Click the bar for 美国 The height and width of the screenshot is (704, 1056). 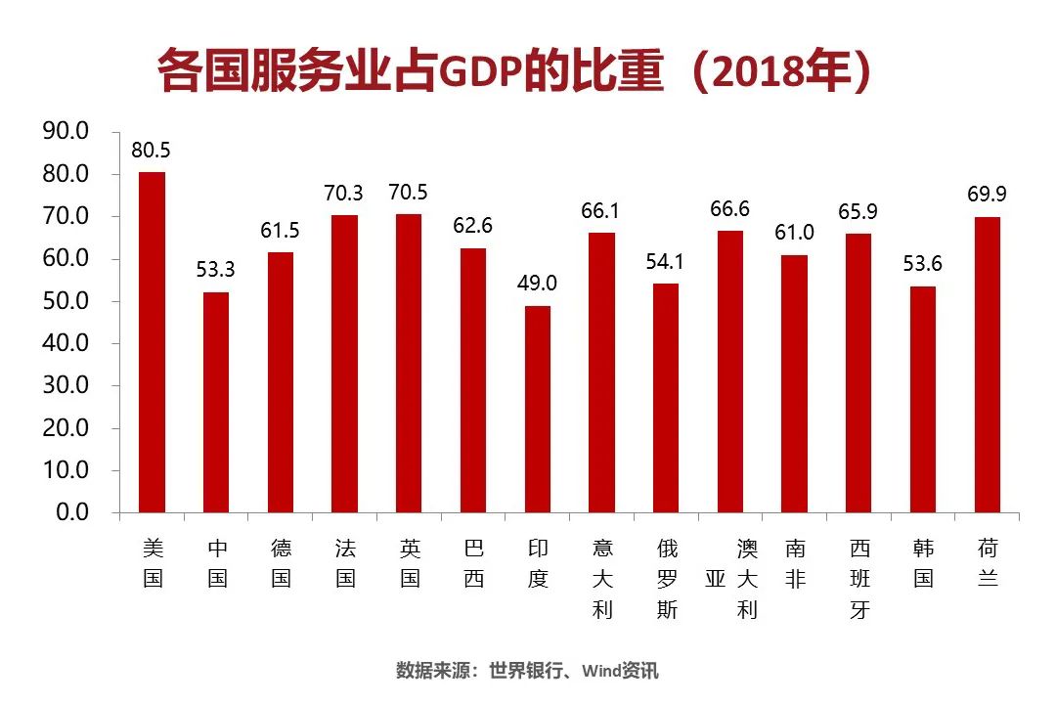click(x=152, y=342)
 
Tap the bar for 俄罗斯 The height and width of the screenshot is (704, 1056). click(x=666, y=398)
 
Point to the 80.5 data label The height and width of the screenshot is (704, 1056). click(x=152, y=152)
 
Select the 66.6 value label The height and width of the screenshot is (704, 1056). click(x=730, y=210)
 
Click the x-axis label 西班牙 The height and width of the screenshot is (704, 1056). click(x=859, y=579)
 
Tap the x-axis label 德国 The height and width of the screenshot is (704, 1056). click(x=281, y=563)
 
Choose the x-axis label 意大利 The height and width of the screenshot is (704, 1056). click(x=602, y=579)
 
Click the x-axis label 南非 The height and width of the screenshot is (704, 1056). click(x=795, y=563)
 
